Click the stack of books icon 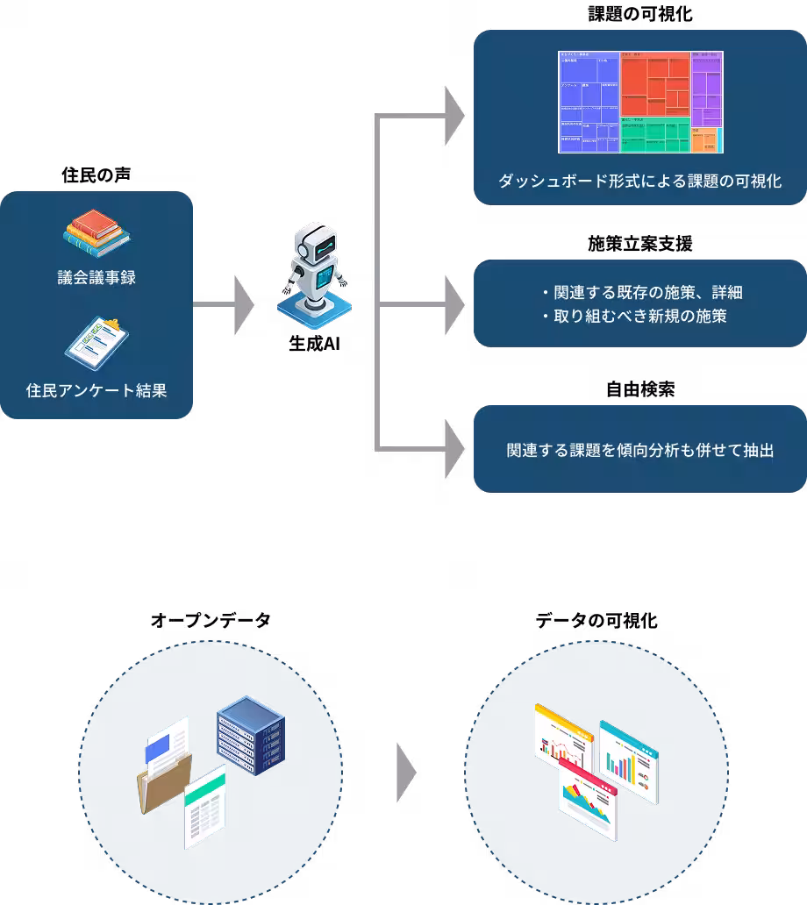96,233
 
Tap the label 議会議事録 96,278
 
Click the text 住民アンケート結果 96,390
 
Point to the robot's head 315,243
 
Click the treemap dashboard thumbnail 640,102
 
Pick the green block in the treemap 654,134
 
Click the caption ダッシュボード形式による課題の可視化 639,182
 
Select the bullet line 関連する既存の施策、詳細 643,292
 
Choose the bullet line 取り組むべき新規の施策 634,316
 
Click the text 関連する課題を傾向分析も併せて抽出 639,451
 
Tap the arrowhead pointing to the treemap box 454,116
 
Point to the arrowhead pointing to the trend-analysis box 454,450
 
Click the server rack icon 252,735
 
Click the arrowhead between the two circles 406,773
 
